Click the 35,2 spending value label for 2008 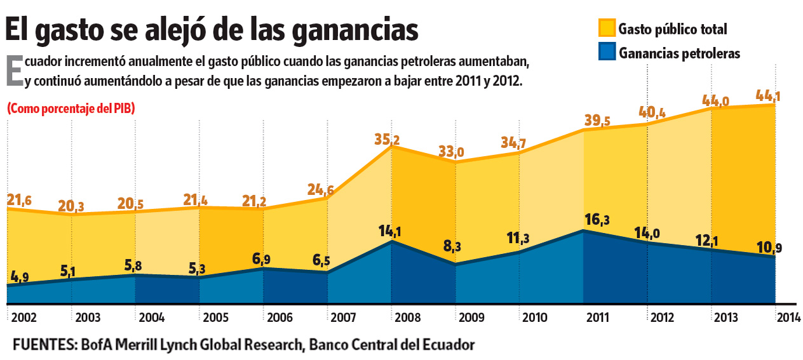(x=387, y=140)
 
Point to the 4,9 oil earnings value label (x=19, y=277)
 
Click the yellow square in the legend (x=607, y=28)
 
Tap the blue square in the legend (x=607, y=52)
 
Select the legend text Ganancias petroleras (x=680, y=53)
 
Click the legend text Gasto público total (x=673, y=29)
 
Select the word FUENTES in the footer (x=42, y=345)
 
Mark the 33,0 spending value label (x=451, y=152)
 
